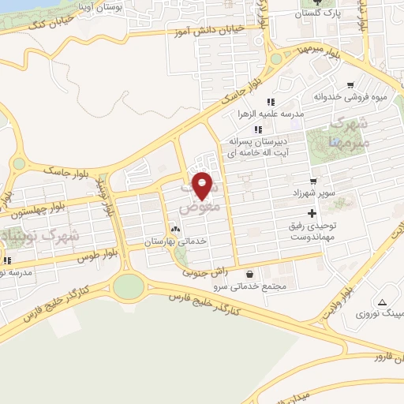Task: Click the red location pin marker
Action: point(203,185)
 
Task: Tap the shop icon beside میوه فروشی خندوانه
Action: point(350,85)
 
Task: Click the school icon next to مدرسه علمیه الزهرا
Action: point(270,102)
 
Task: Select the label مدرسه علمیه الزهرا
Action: point(269,114)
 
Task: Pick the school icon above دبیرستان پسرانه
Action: point(257,129)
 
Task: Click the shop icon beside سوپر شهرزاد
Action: point(313,181)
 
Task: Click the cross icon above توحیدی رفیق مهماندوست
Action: point(312,213)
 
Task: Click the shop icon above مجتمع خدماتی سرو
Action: point(250,274)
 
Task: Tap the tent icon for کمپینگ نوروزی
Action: point(382,302)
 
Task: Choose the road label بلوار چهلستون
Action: point(36,209)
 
